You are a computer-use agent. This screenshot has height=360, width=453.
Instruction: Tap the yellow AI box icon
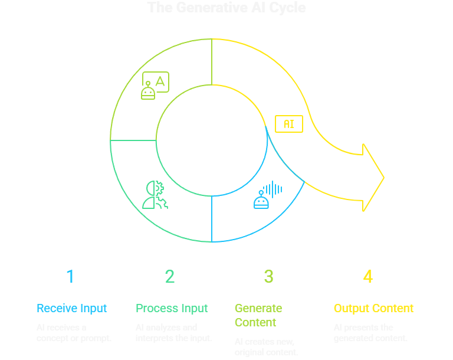coord(289,124)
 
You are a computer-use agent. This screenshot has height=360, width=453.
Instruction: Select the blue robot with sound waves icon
coord(268,195)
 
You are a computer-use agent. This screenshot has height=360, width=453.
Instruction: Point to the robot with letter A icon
coord(155,86)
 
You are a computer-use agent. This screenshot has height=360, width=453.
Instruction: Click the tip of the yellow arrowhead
coord(384,177)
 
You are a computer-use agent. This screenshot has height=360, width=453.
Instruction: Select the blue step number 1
coord(70,276)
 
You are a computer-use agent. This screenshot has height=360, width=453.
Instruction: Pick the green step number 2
coord(170,276)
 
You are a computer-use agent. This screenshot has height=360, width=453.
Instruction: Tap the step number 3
coord(269,276)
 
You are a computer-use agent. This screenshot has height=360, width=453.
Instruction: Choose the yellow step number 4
coord(368,276)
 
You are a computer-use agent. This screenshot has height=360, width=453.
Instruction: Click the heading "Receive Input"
coord(71,308)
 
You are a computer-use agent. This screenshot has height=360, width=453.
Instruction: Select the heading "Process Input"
coord(172,308)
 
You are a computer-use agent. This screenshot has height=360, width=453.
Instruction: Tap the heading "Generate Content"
coord(258,315)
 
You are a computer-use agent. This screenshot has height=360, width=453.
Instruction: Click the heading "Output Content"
coord(373,308)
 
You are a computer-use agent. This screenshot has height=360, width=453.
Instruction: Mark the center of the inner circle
coord(211,140)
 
